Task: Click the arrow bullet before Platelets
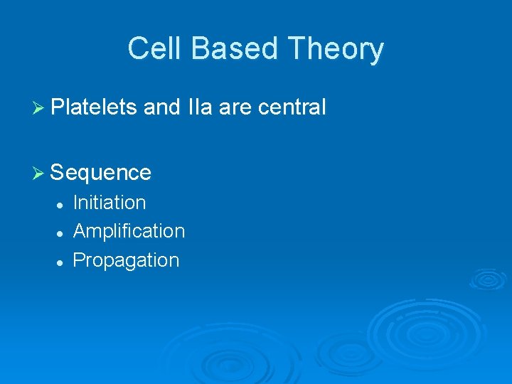click(39, 108)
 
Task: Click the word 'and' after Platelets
click(162, 107)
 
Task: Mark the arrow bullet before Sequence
click(39, 173)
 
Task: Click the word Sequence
click(101, 172)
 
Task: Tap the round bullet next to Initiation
click(60, 204)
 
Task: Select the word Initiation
click(110, 203)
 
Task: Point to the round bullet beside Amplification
click(60, 233)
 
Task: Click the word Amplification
click(129, 231)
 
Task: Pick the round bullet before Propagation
click(60, 262)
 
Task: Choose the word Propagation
click(126, 260)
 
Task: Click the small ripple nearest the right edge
click(488, 278)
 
